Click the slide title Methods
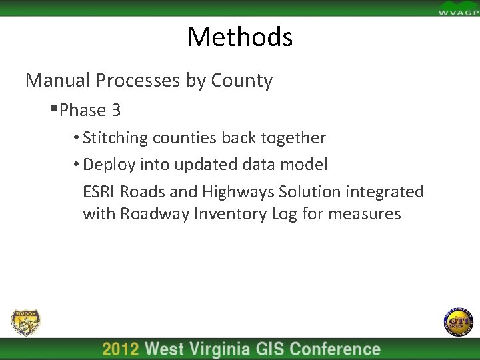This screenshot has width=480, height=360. pos(240,37)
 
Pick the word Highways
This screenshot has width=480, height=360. pos(235,192)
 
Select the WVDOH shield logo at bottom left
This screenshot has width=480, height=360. pos(26,323)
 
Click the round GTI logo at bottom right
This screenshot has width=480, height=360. pos(457,322)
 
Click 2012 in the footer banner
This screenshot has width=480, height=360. pos(121,349)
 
